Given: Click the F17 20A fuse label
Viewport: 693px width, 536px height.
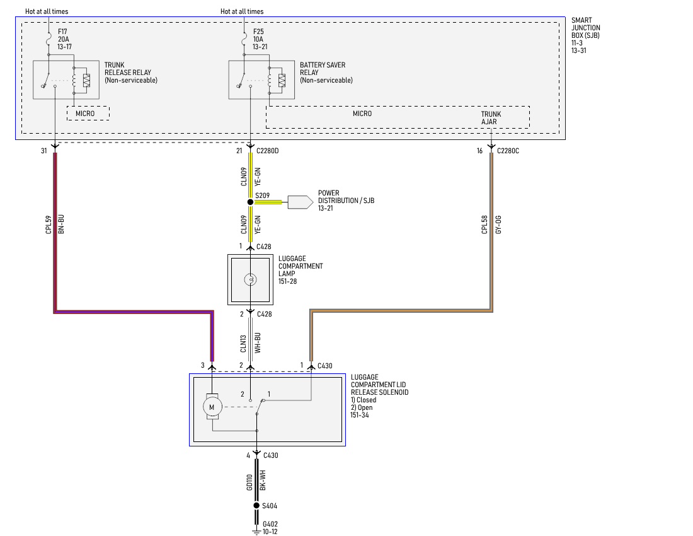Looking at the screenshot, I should pyautogui.click(x=64, y=38).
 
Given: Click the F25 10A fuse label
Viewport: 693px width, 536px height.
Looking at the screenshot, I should pyautogui.click(x=259, y=38).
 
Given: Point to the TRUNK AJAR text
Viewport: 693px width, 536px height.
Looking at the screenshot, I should pyautogui.click(x=491, y=118).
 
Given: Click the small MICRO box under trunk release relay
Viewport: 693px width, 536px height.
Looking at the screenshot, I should pyautogui.click(x=88, y=114).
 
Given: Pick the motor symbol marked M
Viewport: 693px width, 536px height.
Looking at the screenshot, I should pyautogui.click(x=212, y=407).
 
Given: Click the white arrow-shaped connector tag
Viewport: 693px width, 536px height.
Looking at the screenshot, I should pyautogui.click(x=300, y=202).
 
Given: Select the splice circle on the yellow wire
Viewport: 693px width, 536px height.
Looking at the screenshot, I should pyautogui.click(x=250, y=202).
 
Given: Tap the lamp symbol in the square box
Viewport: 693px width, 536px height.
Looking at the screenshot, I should pyautogui.click(x=250, y=279).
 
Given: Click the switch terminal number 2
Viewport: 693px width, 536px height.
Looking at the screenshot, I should pyautogui.click(x=242, y=394).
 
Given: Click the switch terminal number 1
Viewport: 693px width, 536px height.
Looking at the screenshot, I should pyautogui.click(x=268, y=394).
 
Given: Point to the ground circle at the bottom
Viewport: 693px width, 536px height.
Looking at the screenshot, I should pyautogui.click(x=256, y=505).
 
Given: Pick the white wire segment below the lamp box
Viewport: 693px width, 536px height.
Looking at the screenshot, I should pyautogui.click(x=250, y=339).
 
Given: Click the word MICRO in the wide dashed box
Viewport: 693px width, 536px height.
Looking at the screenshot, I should pyautogui.click(x=362, y=114).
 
